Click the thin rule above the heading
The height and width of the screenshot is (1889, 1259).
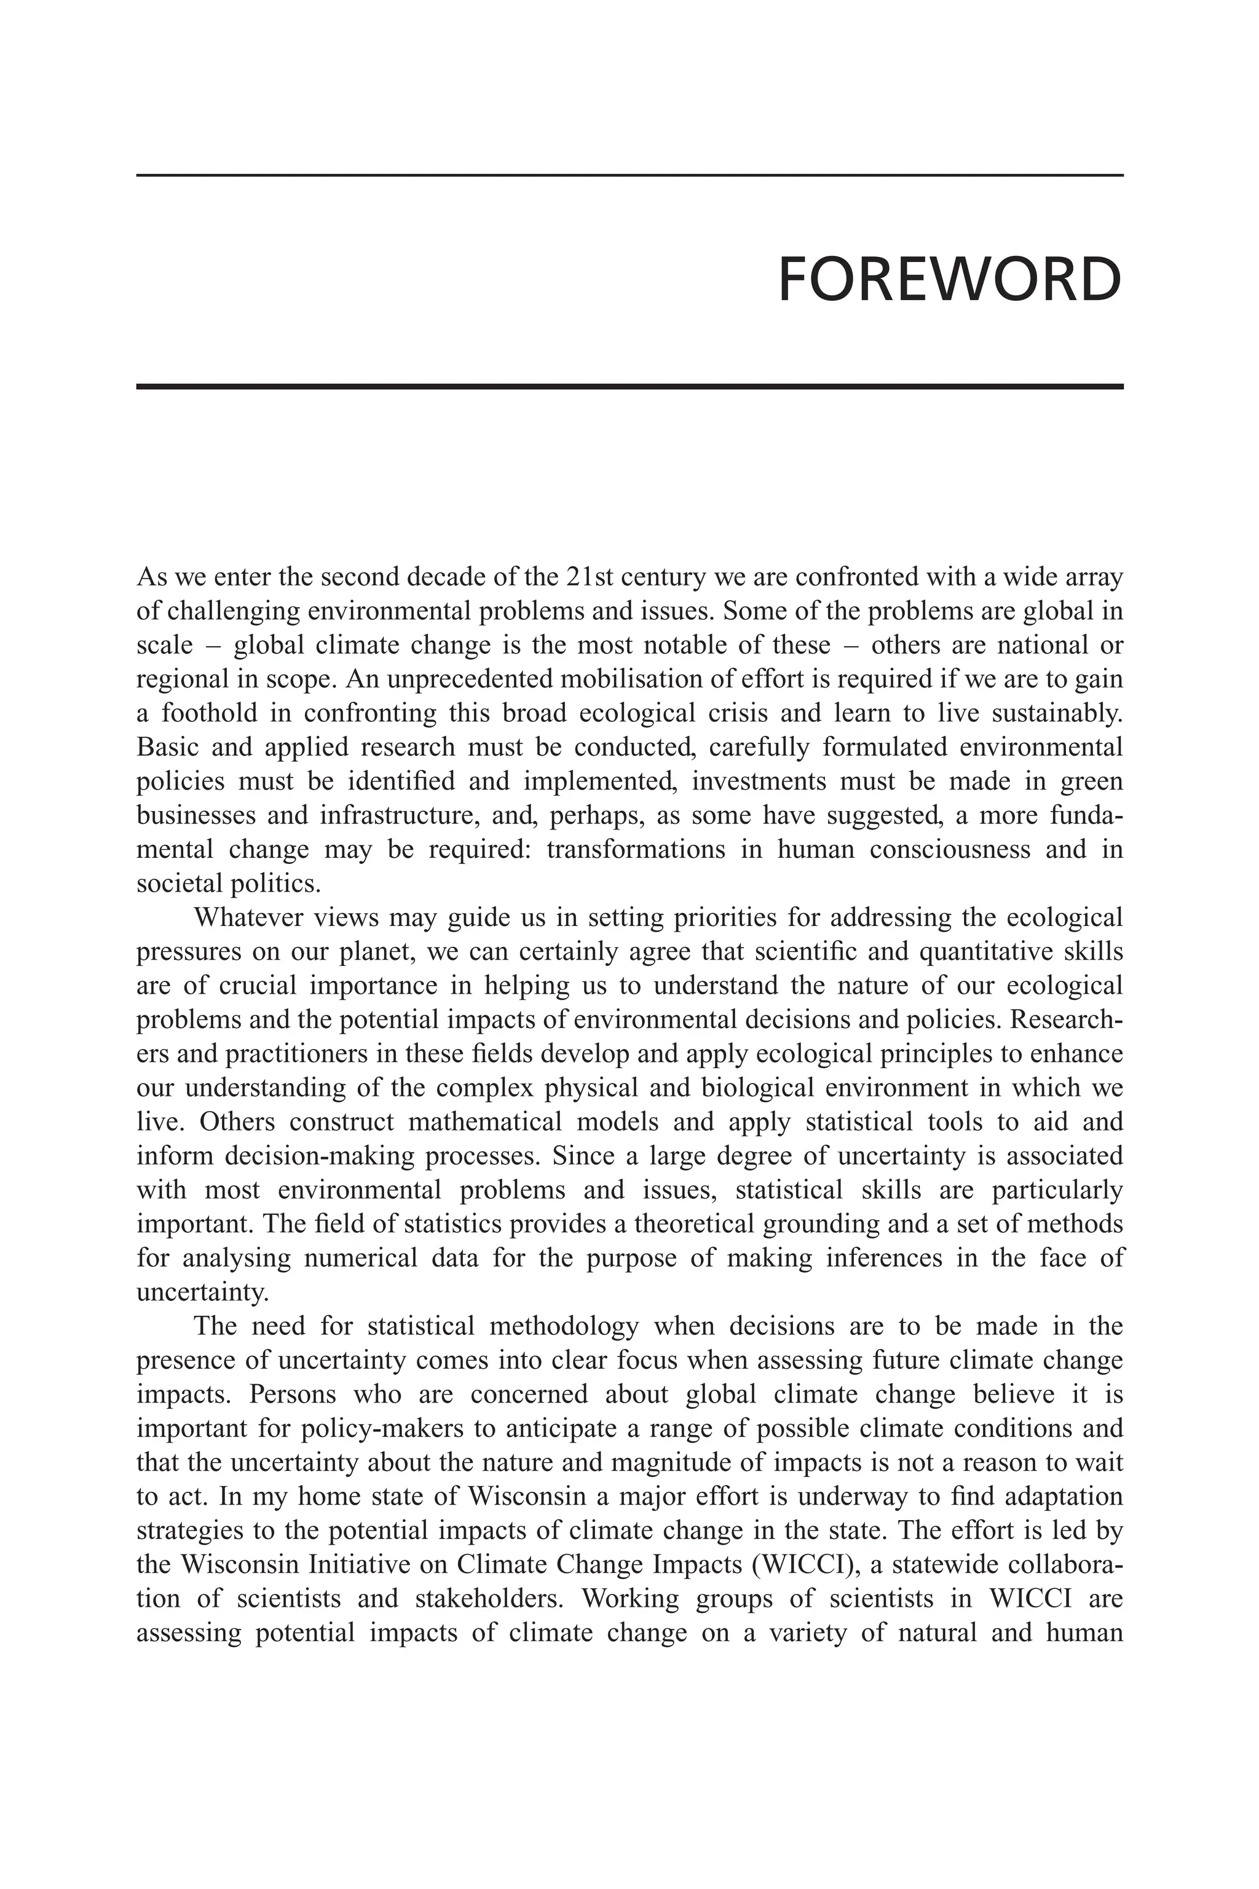(629, 175)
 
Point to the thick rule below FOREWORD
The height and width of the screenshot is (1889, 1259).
(629, 386)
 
